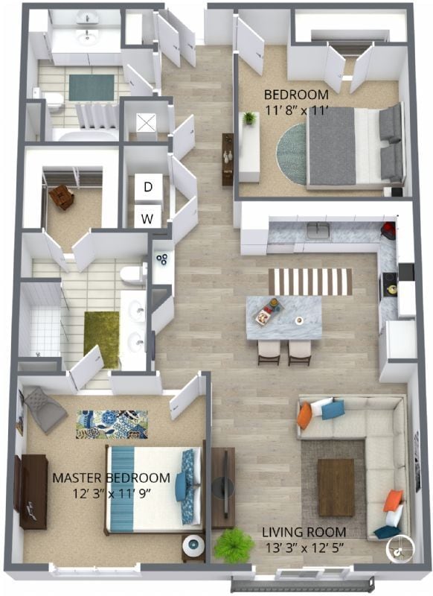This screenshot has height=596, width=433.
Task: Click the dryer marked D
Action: (x=148, y=187)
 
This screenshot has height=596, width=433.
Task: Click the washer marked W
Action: (x=148, y=218)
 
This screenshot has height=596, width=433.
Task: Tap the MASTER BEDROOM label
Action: (x=112, y=478)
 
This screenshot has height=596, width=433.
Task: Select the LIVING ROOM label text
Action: (x=304, y=532)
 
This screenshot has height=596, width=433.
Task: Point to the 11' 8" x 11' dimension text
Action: (x=298, y=112)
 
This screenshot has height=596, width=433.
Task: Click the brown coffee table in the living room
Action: (x=336, y=486)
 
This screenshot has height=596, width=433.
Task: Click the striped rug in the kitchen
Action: (x=309, y=281)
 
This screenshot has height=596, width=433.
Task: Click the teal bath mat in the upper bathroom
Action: (x=91, y=86)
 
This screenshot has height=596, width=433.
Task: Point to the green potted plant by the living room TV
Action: (x=230, y=545)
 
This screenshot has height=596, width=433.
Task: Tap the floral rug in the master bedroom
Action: (x=112, y=424)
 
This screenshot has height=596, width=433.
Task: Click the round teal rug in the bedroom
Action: (x=292, y=153)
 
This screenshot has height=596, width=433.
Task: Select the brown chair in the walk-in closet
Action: (x=61, y=197)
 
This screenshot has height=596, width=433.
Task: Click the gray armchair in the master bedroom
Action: (x=44, y=409)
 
